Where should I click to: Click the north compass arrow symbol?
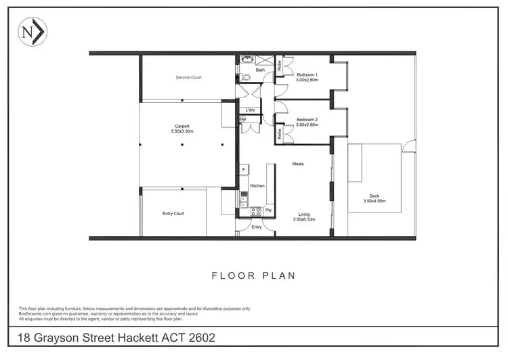(33, 32)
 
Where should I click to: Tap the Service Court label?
(188, 78)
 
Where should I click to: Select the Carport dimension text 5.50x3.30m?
(182, 131)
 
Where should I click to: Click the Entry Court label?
(173, 214)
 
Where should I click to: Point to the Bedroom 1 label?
(307, 74)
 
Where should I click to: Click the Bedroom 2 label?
(307, 120)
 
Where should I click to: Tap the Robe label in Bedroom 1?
(279, 66)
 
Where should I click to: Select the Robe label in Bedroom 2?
(279, 134)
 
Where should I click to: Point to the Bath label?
(260, 70)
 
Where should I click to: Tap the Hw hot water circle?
(242, 120)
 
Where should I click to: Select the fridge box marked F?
(242, 169)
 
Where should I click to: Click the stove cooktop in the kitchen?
(256, 211)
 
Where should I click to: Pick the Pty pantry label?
(268, 210)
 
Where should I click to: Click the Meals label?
(298, 164)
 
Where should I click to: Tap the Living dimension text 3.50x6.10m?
(304, 220)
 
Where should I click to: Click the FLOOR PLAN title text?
(253, 275)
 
